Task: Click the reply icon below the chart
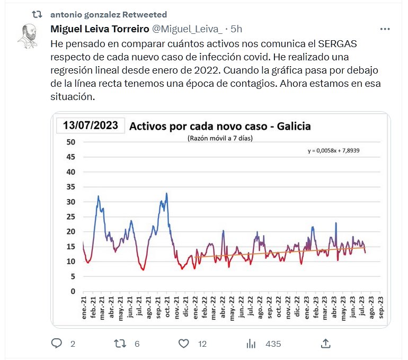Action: click(x=57, y=344)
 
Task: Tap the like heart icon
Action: click(x=183, y=344)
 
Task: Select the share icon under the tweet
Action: click(x=326, y=344)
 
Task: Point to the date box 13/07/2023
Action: click(x=91, y=126)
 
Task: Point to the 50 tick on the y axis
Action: click(x=72, y=142)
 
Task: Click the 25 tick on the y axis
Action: click(x=72, y=217)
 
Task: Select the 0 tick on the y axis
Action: click(x=74, y=291)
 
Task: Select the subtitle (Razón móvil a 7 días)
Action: click(x=220, y=139)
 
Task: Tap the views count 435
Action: click(x=273, y=344)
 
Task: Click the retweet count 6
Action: click(x=137, y=344)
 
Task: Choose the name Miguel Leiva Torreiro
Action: click(x=100, y=29)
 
